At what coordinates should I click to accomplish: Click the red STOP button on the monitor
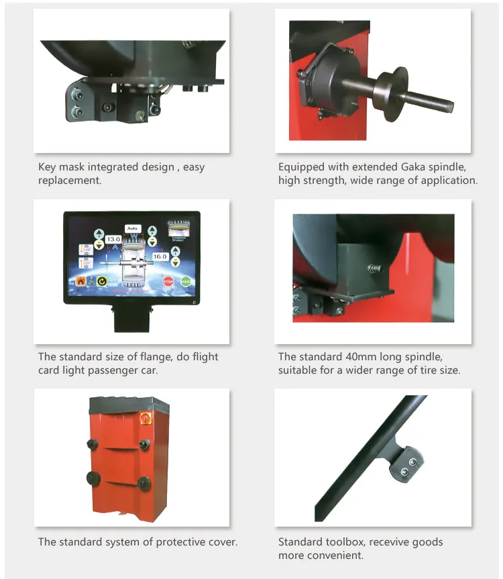point(168,282)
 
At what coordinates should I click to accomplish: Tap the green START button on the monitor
point(186,282)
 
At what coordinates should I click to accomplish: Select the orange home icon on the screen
point(82,282)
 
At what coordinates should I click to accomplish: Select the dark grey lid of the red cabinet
point(128,405)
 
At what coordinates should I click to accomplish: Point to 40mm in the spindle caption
point(352,357)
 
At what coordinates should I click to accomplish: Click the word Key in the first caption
point(48,167)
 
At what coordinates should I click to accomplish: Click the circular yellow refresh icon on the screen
point(103,282)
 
